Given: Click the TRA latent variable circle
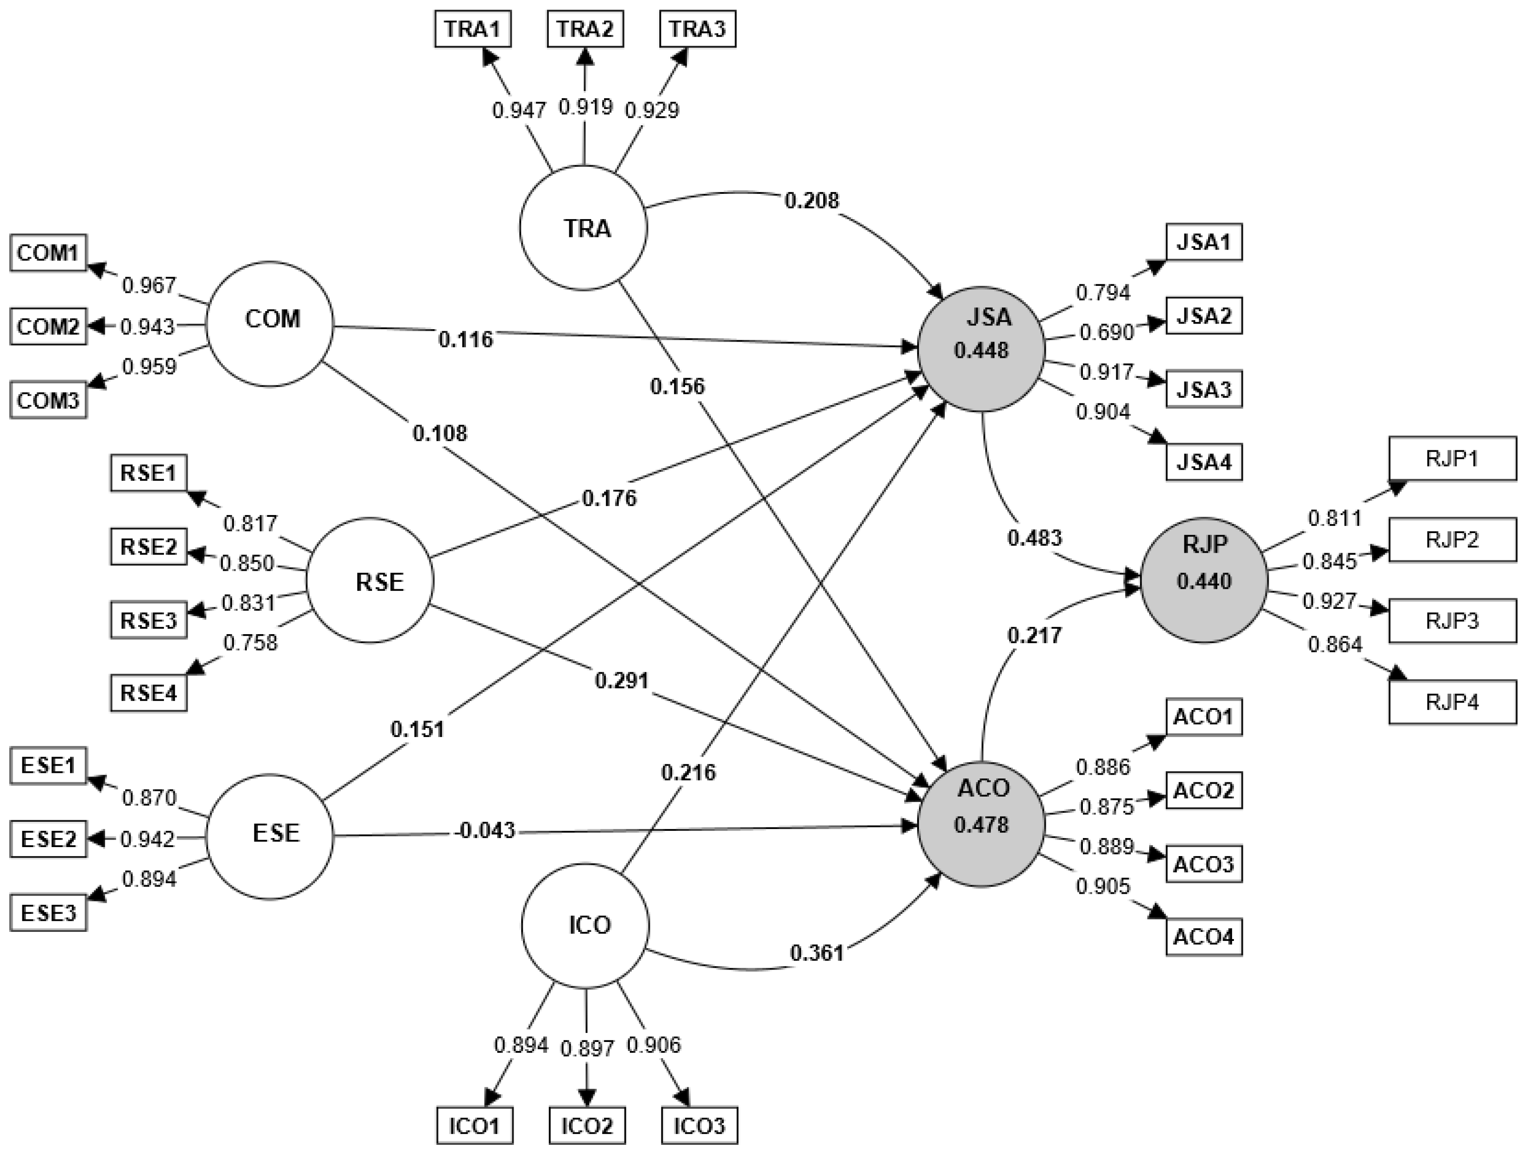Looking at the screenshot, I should [583, 228].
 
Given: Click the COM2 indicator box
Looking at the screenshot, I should [48, 326].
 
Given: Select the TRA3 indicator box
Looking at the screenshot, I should [697, 30].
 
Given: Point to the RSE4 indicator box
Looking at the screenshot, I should [149, 693].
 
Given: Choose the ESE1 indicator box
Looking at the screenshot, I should [48, 766].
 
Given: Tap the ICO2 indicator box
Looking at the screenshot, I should [586, 1126].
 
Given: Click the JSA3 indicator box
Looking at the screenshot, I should [1204, 390].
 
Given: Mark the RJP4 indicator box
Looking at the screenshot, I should [1452, 703].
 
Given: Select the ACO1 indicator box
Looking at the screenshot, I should [1204, 717].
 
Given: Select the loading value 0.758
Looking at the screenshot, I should [250, 643].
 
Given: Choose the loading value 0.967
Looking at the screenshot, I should [149, 285].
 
